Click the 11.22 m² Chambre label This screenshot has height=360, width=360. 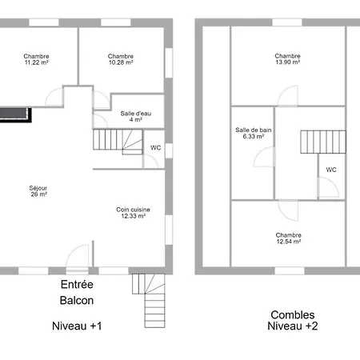[36, 59]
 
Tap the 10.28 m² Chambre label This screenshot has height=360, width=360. [121, 59]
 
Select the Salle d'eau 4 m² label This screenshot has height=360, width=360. [136, 117]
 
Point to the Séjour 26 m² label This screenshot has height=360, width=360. [38, 191]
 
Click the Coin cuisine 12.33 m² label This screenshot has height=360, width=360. [133, 213]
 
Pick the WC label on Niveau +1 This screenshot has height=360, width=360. [156, 147]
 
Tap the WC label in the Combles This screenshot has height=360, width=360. [331, 170]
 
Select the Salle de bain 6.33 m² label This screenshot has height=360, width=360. [254, 133]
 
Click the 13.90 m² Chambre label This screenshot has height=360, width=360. [287, 59]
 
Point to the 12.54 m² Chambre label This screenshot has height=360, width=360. [289, 238]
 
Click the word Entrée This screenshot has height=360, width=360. [77, 284]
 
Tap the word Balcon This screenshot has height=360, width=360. [77, 301]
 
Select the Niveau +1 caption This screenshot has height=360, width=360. [77, 326]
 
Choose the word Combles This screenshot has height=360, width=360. [293, 315]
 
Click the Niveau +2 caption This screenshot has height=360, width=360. [293, 326]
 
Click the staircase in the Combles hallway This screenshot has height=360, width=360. [323, 142]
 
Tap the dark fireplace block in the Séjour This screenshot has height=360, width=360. [15, 115]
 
